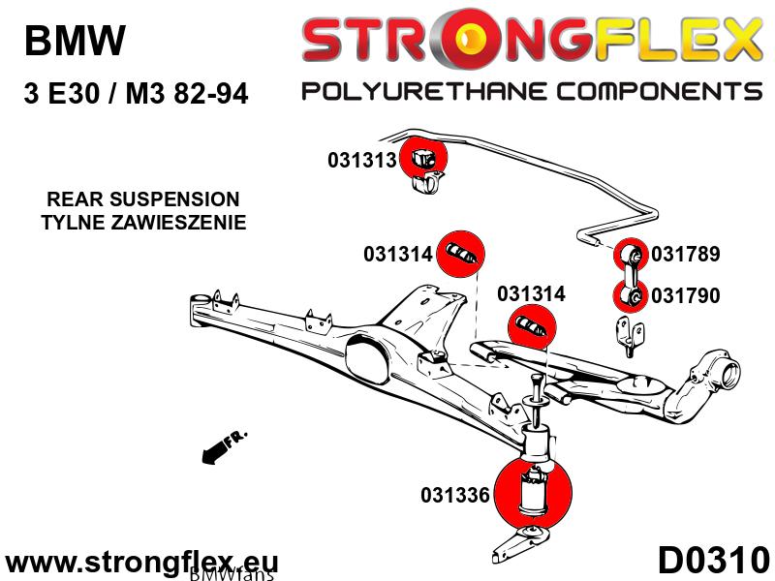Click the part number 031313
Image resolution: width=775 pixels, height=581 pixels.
click(362, 160)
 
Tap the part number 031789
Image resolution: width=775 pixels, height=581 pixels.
click(686, 255)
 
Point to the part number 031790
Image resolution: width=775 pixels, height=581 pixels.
click(686, 295)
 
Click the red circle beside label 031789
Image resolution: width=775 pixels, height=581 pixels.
click(632, 255)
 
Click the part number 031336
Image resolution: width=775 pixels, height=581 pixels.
click(455, 496)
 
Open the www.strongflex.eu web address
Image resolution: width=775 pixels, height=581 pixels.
click(142, 563)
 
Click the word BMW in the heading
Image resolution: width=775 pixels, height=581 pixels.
click(74, 41)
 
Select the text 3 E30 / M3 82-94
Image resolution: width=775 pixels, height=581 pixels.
click(136, 94)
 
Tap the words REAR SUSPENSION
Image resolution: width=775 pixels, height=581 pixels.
click(142, 199)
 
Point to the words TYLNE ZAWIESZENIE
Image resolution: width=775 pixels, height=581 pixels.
click(142, 223)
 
